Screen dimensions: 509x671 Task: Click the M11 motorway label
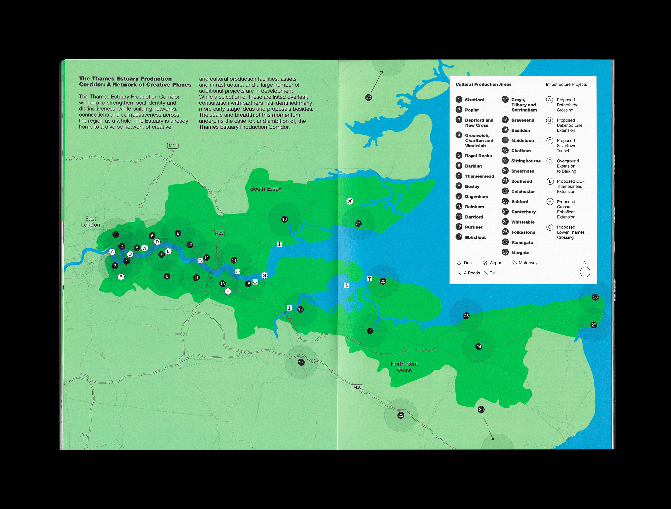(x=173, y=146)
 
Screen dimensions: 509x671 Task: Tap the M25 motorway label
(x=219, y=233)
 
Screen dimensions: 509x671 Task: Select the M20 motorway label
(x=357, y=387)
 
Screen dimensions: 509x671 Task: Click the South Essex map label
(x=265, y=189)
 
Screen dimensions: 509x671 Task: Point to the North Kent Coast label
(x=404, y=367)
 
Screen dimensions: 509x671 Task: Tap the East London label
(x=90, y=221)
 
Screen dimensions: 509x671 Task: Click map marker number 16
(x=284, y=219)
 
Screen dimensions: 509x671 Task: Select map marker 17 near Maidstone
(x=301, y=362)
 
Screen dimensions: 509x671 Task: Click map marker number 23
(x=401, y=415)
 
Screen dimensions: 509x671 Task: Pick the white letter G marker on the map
(x=264, y=275)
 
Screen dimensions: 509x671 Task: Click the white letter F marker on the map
(x=228, y=291)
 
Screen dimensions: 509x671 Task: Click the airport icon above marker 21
(x=350, y=201)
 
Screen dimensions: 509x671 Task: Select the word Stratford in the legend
(x=474, y=100)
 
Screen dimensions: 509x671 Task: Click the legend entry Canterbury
(x=523, y=212)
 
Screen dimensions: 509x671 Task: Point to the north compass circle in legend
(x=585, y=272)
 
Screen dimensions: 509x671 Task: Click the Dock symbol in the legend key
(x=459, y=263)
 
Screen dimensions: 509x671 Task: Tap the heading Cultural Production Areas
(x=483, y=85)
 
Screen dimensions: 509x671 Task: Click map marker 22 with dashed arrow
(x=369, y=97)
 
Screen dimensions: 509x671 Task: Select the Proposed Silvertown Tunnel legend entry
(x=566, y=146)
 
